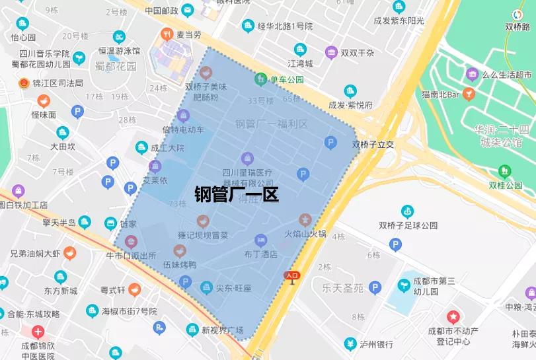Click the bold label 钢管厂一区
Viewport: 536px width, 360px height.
[237, 194]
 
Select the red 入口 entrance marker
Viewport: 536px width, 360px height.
[291, 276]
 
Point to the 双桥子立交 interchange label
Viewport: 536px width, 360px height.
[373, 144]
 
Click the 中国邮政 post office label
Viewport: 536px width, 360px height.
[161, 10]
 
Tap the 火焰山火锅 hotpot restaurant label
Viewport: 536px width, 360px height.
[305, 234]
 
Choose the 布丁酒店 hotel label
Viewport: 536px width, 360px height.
[260, 254]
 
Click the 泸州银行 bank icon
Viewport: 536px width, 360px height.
[350, 343]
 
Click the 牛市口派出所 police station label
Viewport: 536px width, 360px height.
[131, 256]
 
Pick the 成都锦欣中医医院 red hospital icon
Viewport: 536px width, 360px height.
[38, 332]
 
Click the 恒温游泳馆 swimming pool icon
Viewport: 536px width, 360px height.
[119, 37]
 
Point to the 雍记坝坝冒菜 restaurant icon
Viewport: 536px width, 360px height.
[203, 221]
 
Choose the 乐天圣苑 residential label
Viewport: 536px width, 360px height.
[342, 287]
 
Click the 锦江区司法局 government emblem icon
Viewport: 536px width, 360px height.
[24, 83]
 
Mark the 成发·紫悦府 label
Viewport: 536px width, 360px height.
[350, 105]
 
